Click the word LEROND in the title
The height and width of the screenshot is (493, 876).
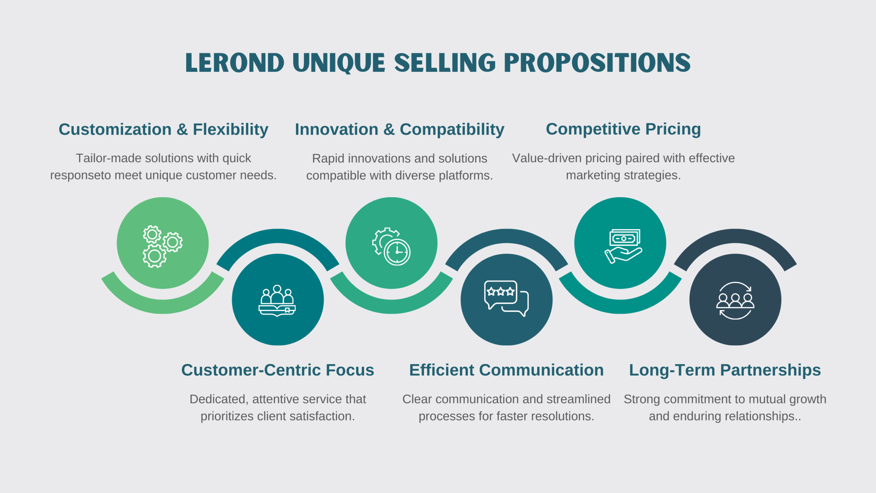click(x=234, y=63)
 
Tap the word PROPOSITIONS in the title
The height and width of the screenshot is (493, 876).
click(x=597, y=63)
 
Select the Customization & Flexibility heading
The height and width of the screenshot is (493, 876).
click(x=163, y=130)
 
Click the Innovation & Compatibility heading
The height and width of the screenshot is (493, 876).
click(x=399, y=130)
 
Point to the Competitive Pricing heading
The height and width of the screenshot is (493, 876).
click(x=623, y=129)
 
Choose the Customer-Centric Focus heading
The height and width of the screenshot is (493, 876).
click(x=278, y=370)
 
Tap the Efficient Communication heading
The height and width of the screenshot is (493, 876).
click(x=506, y=370)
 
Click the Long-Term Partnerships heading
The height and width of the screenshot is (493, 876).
click(x=725, y=370)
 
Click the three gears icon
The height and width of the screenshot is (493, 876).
click(x=163, y=246)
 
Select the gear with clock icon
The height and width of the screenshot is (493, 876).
click(x=391, y=246)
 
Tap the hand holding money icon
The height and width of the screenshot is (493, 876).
click(x=623, y=246)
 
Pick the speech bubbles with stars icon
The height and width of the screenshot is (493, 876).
click(x=506, y=299)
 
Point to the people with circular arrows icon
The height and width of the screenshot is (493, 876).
click(x=735, y=301)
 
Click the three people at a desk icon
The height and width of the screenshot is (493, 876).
click(x=277, y=301)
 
